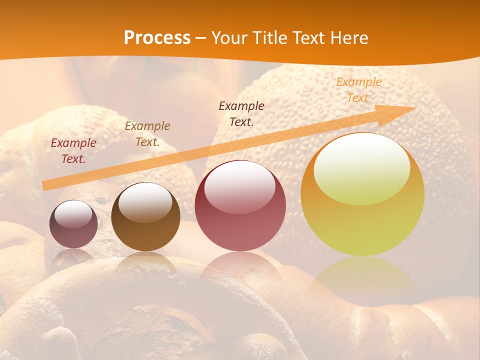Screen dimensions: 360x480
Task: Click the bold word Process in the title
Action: coord(157,38)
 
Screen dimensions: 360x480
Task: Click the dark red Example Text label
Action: coord(73,151)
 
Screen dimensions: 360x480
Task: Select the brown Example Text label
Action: coord(147,134)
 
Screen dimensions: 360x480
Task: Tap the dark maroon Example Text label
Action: coord(241,113)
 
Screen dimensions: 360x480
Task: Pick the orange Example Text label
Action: coord(358,90)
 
